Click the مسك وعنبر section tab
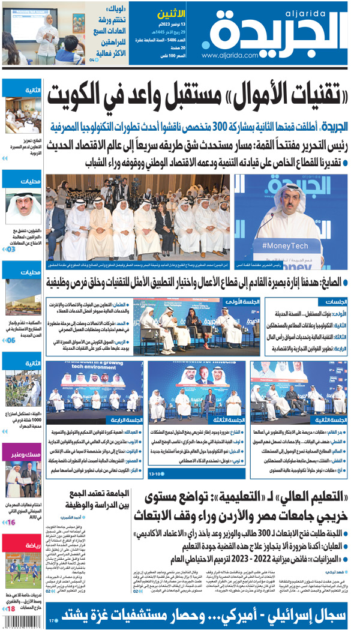tap(22, 455)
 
